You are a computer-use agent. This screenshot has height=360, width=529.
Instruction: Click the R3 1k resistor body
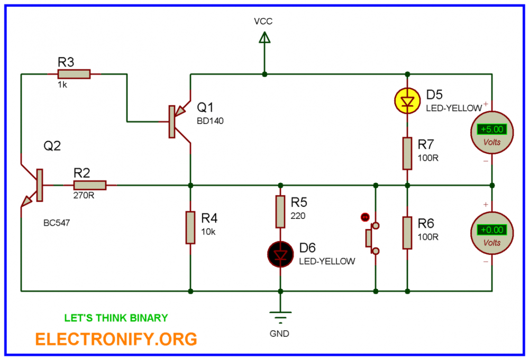coord(74,75)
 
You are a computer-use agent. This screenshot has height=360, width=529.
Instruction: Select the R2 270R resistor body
coord(90,186)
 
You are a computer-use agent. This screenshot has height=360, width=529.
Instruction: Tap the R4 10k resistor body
coord(190,227)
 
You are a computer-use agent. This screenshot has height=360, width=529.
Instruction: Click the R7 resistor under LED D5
coord(407,153)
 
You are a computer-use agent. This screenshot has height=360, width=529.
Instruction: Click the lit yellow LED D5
coord(407,100)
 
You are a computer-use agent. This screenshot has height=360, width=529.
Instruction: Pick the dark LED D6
coord(280,254)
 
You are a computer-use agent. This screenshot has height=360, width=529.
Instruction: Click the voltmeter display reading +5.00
coord(491,129)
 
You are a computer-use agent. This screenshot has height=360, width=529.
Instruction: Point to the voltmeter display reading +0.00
coord(491,230)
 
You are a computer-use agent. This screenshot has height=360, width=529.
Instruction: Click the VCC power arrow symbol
coord(264,38)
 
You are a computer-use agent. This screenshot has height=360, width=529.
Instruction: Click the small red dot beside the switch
coord(364,217)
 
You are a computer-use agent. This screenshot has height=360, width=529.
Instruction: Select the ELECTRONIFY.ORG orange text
coord(116,338)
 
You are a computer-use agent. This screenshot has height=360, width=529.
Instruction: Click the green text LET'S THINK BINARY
coord(116,318)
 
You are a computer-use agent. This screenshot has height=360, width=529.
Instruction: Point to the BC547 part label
coord(57,223)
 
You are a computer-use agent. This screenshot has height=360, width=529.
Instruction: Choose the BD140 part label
coord(211,121)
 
